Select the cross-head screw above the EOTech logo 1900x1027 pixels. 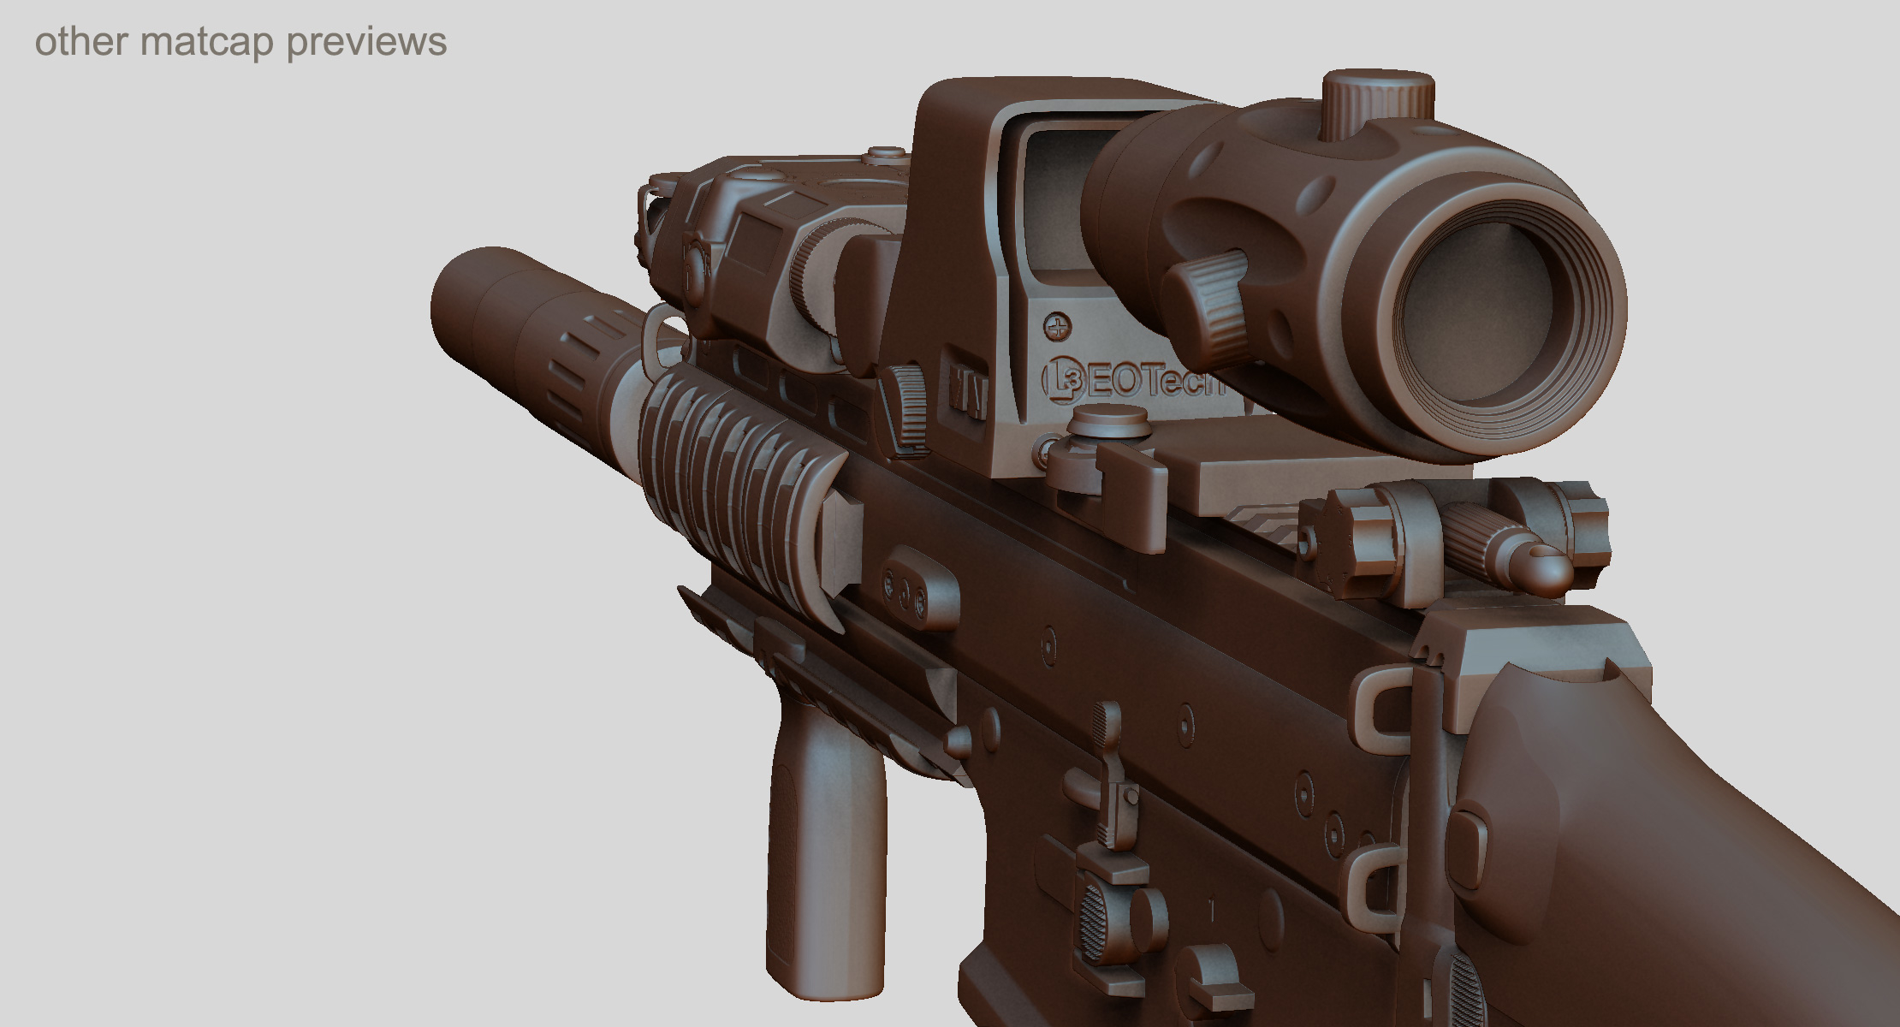tap(1058, 326)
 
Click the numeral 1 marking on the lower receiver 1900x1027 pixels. tap(1212, 910)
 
